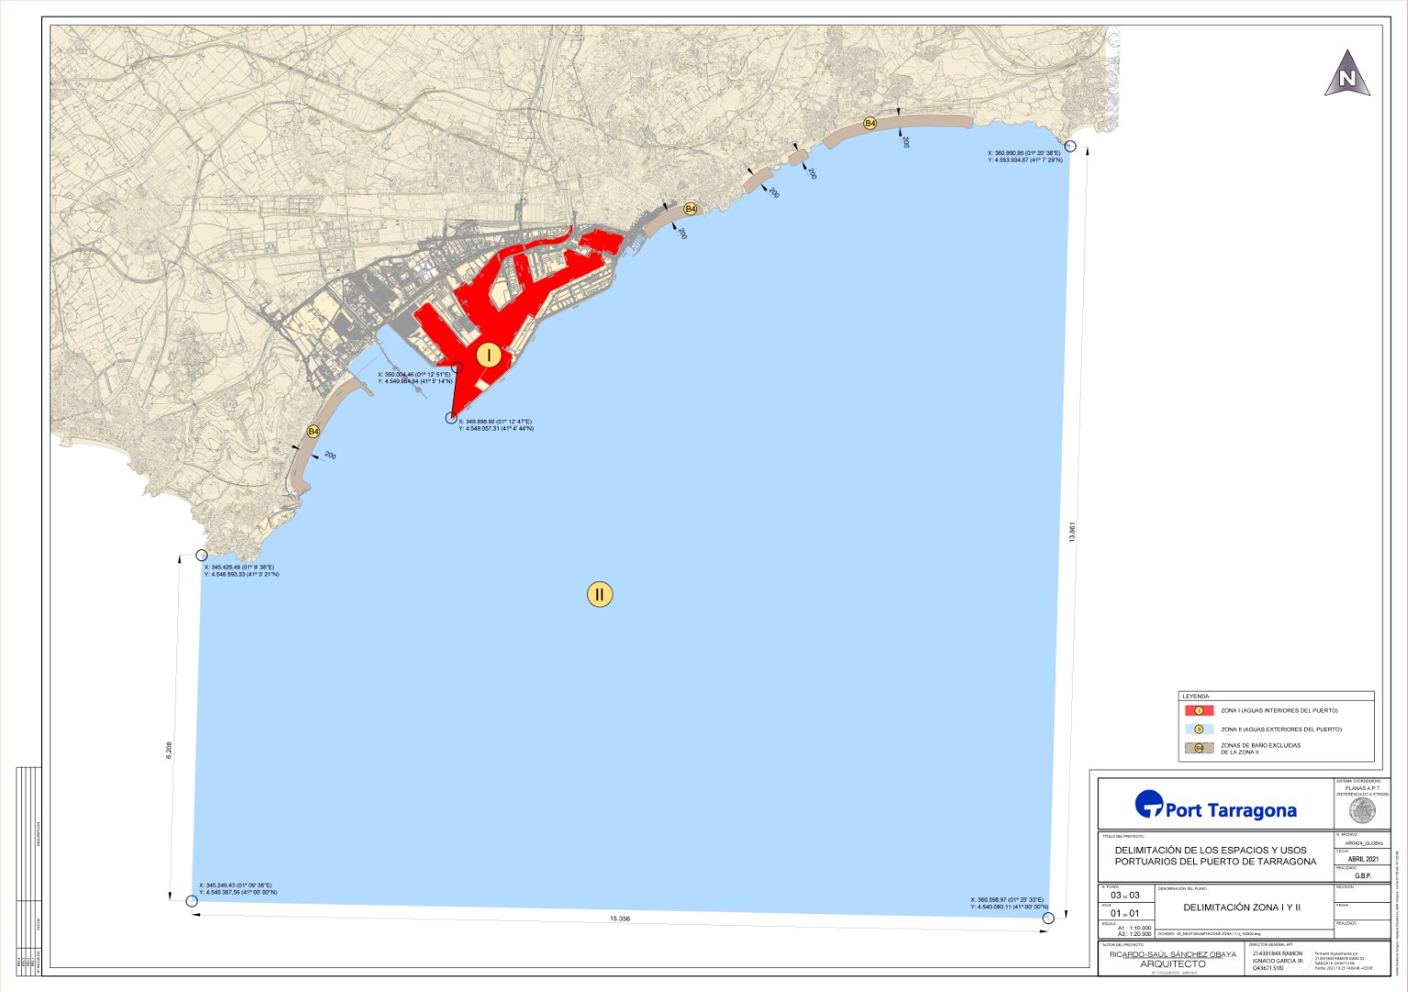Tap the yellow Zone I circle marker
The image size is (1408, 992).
pos(489,355)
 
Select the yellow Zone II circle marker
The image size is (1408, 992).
pos(599,594)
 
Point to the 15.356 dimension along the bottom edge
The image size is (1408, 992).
pos(620,919)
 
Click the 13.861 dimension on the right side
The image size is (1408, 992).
pos(1072,532)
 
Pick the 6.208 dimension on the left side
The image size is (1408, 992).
pos(168,750)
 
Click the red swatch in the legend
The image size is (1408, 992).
pos(1199,711)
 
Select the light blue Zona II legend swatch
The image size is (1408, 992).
pos(1199,729)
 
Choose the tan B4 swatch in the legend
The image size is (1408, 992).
pos(1199,748)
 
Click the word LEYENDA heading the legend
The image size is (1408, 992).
pos(1195,697)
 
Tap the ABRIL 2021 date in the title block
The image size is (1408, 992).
pos(1363,860)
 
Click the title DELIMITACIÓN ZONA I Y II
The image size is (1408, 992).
pos(1242,907)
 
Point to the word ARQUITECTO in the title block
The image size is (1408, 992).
pos(1173,964)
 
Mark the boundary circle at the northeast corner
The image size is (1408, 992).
pos(1070,146)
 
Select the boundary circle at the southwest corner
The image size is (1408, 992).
pos(192,901)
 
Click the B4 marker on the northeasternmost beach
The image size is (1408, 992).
pos(869,123)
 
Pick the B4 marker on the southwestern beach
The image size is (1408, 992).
pos(313,431)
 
